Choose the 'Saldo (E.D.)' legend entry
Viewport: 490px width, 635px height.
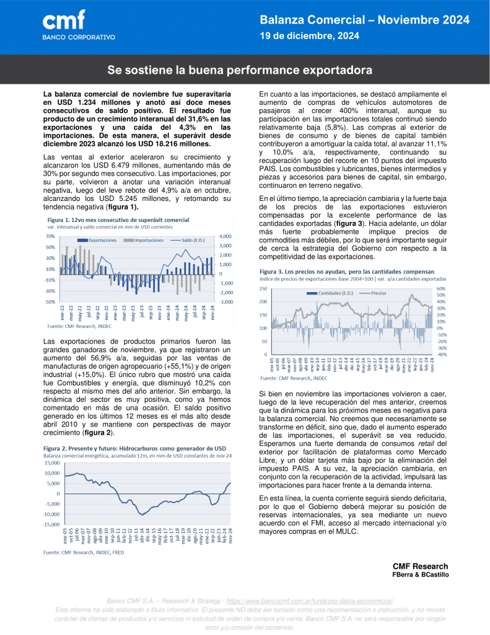pos(192,239)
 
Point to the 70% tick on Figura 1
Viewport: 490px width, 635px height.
pos(50,236)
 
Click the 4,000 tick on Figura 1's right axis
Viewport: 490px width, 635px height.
pos(226,236)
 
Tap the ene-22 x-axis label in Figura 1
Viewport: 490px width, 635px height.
pos(62,312)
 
